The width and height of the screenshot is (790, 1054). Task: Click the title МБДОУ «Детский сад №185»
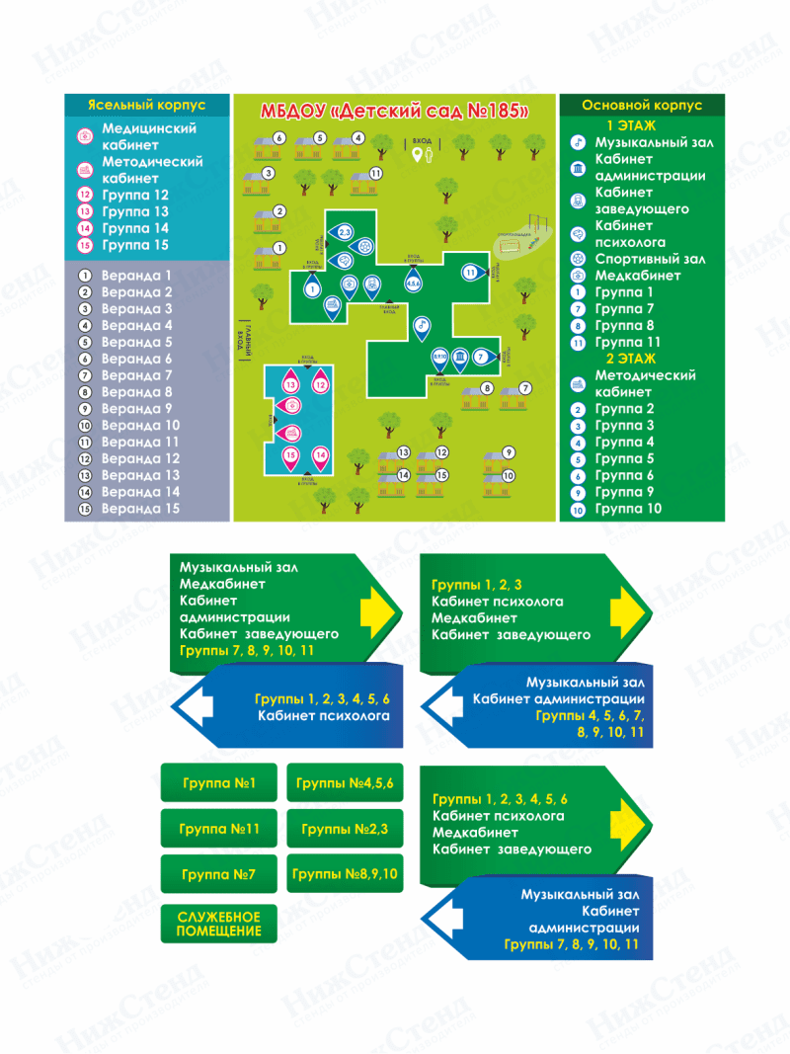394,110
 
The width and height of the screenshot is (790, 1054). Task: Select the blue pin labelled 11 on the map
472,272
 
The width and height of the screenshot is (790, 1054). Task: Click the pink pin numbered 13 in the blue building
291,383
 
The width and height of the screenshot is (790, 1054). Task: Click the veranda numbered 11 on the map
376,174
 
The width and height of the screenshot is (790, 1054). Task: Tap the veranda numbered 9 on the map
508,452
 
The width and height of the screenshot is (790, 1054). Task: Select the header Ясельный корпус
147,104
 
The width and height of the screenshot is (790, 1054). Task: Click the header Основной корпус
642,104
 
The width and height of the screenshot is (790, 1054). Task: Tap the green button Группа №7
218,875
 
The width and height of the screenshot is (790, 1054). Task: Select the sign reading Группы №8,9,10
345,875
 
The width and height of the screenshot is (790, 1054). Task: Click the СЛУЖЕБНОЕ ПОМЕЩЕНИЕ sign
218,924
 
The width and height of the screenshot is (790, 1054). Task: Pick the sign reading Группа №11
218,830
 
